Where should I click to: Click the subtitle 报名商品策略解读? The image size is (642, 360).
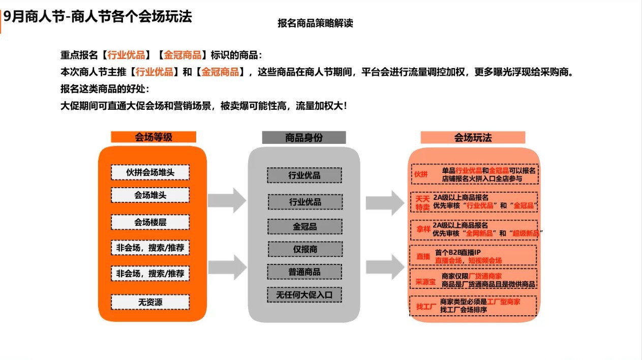tap(315, 23)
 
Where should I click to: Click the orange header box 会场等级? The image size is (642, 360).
tap(154, 137)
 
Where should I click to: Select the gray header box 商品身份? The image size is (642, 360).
tap(304, 138)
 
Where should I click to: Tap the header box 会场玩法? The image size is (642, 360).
tap(473, 138)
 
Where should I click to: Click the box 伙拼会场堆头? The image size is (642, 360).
tap(150, 172)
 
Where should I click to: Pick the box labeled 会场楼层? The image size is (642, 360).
tap(150, 222)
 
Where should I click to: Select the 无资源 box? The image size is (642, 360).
tap(150, 302)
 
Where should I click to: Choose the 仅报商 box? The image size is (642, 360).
tap(304, 249)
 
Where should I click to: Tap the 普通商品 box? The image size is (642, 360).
tap(304, 272)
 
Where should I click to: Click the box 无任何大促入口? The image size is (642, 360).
tap(304, 295)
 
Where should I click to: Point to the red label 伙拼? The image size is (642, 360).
tap(421, 174)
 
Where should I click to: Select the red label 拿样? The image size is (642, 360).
tap(423, 229)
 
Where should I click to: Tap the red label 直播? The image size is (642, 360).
tap(423, 256)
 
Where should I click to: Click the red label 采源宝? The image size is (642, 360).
tap(425, 281)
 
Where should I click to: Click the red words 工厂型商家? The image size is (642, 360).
tap(504, 302)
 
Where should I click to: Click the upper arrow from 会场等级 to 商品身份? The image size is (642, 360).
tap(227, 200)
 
